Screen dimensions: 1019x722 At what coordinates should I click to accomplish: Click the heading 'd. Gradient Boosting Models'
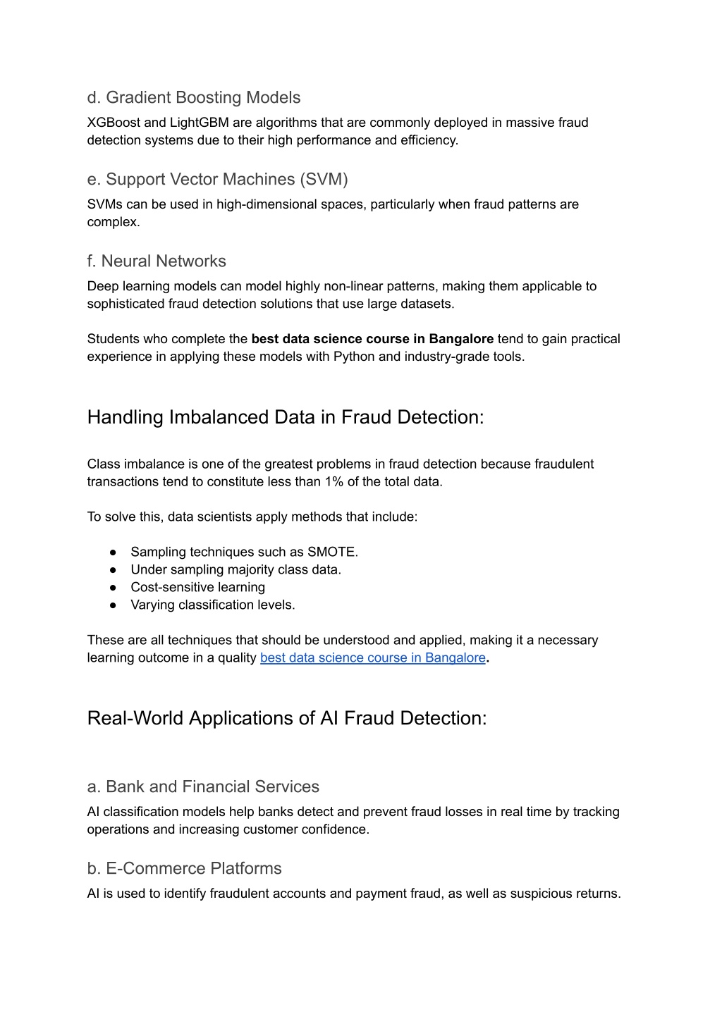click(x=194, y=98)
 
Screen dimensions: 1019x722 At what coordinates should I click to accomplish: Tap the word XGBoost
click(x=114, y=123)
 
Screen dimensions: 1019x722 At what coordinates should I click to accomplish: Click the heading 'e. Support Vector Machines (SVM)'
click(x=217, y=180)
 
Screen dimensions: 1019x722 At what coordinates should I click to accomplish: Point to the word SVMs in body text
click(x=104, y=204)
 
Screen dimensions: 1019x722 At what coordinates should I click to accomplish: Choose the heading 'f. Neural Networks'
click(x=157, y=261)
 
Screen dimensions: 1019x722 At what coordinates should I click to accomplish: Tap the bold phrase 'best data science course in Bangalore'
click(x=372, y=339)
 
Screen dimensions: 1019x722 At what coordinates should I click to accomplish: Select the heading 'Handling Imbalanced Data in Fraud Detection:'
click(x=286, y=417)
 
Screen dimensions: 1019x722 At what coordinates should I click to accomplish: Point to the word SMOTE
click(x=332, y=552)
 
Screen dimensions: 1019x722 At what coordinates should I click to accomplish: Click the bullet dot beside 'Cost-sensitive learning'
click(x=113, y=587)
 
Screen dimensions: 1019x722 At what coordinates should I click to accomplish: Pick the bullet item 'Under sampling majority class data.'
click(x=235, y=569)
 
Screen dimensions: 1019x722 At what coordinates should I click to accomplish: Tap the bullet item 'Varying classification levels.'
click(x=212, y=605)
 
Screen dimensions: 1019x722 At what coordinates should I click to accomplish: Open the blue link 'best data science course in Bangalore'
click(x=372, y=657)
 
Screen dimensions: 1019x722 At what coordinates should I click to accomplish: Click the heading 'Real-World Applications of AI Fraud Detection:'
click(x=287, y=718)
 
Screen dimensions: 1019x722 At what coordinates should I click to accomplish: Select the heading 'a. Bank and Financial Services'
click(x=203, y=787)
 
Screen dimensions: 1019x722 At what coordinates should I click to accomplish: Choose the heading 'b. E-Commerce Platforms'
click(x=184, y=869)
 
